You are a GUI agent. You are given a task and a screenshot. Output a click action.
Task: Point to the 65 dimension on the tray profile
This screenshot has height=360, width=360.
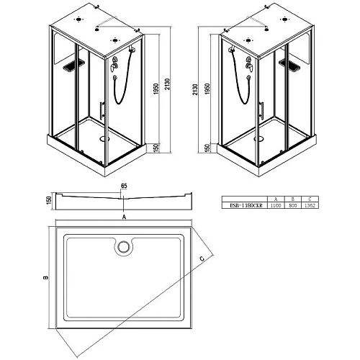tap(124, 186)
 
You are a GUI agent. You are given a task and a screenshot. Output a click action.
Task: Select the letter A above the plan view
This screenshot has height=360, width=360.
tap(125, 216)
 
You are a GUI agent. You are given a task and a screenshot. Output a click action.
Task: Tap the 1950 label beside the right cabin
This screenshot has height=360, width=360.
tap(208, 89)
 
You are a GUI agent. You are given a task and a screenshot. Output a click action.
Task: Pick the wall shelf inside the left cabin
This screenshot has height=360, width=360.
tap(69, 68)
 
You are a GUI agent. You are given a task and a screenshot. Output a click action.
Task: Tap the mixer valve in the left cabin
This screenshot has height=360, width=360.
tap(114, 68)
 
